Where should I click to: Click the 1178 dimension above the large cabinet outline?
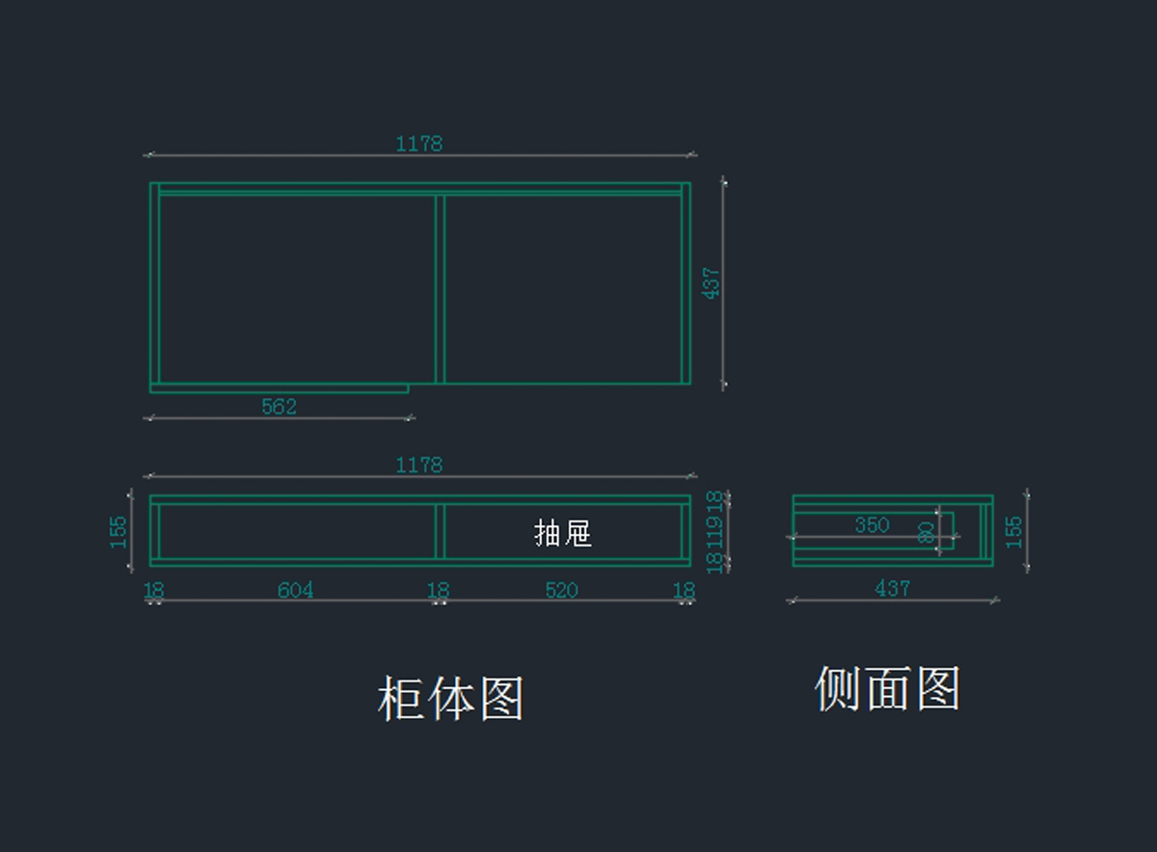[418, 144]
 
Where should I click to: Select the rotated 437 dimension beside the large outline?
[712, 283]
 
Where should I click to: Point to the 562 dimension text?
[279, 407]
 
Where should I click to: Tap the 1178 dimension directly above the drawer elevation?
[418, 466]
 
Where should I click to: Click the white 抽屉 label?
[563, 533]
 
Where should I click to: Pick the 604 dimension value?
[295, 590]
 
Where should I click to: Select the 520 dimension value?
[561, 590]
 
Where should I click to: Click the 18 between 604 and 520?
[438, 590]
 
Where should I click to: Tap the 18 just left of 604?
[153, 590]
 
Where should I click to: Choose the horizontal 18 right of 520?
[684, 590]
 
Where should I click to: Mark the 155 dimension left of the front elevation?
[119, 532]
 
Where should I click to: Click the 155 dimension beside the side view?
[1014, 532]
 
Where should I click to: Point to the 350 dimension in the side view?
[872, 525]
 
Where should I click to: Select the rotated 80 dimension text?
[927, 533]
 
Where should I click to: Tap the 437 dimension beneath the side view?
[892, 588]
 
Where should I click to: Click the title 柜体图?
[450, 699]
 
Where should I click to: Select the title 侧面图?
[887, 689]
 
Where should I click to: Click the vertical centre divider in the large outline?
[440, 289]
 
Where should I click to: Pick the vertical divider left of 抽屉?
[440, 530]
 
